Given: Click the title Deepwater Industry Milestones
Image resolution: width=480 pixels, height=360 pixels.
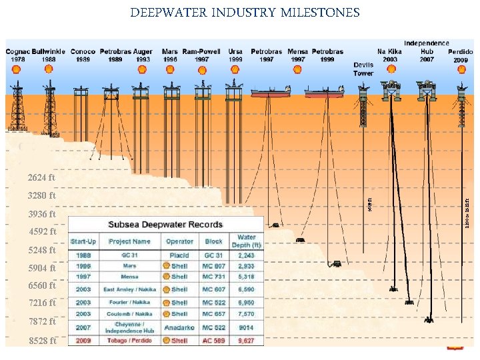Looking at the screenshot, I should pyautogui.click(x=245, y=13).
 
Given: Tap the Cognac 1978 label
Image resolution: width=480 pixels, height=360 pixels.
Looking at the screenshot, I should pyautogui.click(x=17, y=55).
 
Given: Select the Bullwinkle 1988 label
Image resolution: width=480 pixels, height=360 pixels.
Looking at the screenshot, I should pyautogui.click(x=49, y=55).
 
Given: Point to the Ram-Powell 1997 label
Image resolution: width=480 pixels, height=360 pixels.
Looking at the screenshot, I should pyautogui.click(x=201, y=55).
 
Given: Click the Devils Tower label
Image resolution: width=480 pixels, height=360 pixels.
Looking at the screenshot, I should pyautogui.click(x=363, y=69).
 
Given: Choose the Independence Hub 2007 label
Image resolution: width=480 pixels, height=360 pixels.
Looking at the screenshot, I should pyautogui.click(x=427, y=51).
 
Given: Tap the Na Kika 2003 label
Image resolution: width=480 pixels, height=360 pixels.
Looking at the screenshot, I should pyautogui.click(x=390, y=55).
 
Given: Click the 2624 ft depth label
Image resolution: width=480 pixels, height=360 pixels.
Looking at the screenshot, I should pyautogui.click(x=41, y=178).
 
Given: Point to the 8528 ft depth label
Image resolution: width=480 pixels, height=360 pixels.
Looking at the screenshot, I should pyautogui.click(x=41, y=341).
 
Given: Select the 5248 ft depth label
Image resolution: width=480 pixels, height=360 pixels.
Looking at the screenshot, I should pyautogui.click(x=41, y=251).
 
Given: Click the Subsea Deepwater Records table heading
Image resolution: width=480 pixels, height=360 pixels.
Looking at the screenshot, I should pyautogui.click(x=166, y=224).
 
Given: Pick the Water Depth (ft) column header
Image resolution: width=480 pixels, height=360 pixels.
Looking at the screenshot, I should pyautogui.click(x=246, y=241).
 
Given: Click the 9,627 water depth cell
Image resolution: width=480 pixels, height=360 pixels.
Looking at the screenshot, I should pyautogui.click(x=246, y=340).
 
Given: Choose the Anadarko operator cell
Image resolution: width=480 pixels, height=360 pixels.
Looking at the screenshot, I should pyautogui.click(x=179, y=327).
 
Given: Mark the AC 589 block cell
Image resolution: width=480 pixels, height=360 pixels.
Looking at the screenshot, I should pyautogui.click(x=214, y=340).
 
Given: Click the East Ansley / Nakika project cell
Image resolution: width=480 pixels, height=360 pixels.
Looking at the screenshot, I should pyautogui.click(x=128, y=289).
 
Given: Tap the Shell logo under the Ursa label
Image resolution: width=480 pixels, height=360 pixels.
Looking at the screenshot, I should pyautogui.click(x=235, y=69).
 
